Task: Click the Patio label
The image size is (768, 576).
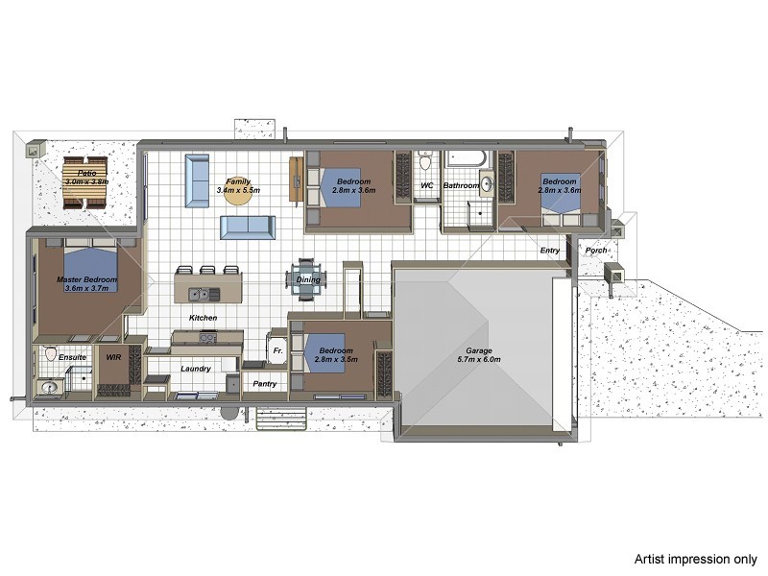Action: tap(85, 173)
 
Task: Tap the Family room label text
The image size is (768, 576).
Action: tap(238, 181)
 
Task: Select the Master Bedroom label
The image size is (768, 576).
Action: tap(86, 279)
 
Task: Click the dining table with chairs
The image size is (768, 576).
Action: tap(305, 279)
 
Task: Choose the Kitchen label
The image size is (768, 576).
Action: tap(203, 317)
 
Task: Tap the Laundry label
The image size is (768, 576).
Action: tap(195, 368)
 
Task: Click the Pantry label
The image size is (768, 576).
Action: tap(264, 384)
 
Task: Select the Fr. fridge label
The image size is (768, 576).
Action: tap(278, 351)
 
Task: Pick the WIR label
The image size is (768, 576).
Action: tap(113, 357)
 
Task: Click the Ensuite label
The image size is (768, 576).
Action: tap(73, 357)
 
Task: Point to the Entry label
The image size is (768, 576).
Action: tap(550, 251)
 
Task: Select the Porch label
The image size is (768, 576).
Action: tap(596, 251)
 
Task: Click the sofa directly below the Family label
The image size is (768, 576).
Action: tap(248, 228)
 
